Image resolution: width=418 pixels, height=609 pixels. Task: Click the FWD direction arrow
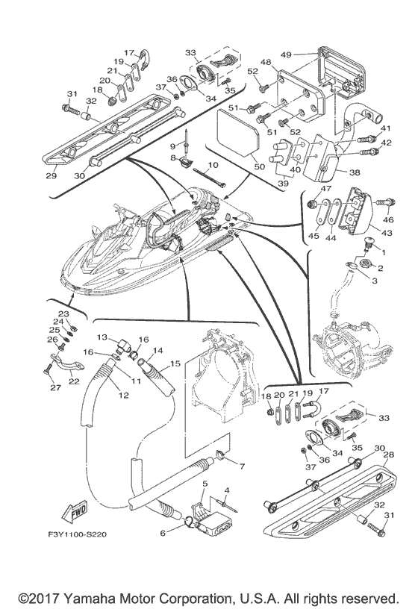click(73, 512)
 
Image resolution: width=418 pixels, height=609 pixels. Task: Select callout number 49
click(286, 54)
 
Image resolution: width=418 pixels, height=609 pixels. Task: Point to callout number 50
click(259, 167)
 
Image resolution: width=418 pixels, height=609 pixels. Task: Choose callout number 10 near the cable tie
click(213, 165)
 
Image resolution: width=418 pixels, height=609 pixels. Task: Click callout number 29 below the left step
click(52, 176)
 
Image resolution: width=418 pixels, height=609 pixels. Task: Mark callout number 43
click(387, 233)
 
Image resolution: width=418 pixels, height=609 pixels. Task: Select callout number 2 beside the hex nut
click(381, 268)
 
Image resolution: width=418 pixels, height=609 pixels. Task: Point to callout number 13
click(102, 337)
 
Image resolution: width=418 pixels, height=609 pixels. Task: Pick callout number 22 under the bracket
click(74, 381)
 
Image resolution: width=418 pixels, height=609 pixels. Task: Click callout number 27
click(55, 387)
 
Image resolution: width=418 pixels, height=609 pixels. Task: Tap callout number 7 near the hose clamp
click(242, 466)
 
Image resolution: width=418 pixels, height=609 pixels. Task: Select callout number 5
click(205, 484)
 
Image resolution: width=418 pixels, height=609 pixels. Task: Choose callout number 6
click(163, 534)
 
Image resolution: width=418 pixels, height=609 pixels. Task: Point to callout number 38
click(355, 172)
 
